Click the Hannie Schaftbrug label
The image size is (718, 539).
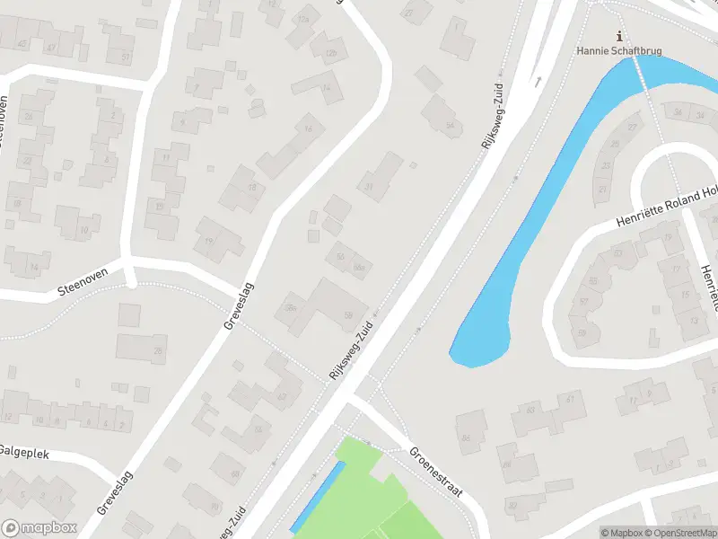pos(618,51)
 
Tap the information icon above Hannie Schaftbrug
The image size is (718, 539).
pos(618,36)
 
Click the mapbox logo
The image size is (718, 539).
pos(38,528)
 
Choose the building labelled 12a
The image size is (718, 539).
pos(305,18)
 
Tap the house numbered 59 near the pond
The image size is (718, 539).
pos(583,333)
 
